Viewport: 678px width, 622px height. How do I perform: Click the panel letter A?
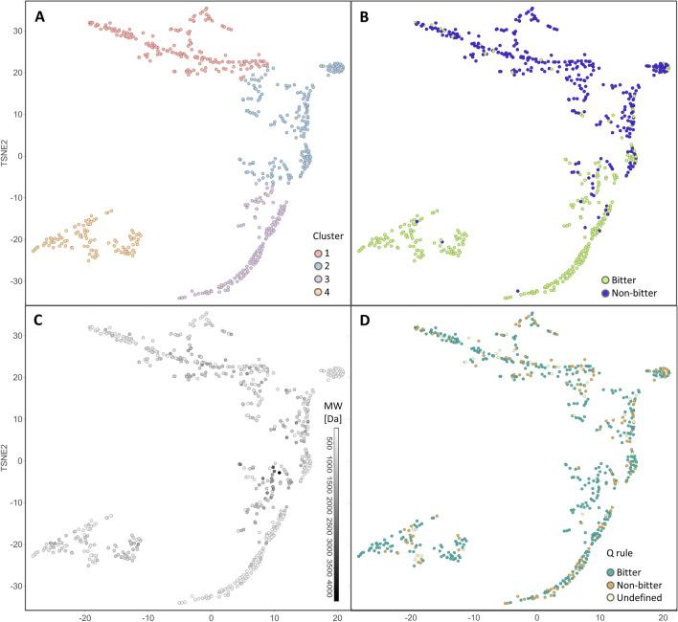pyautogui.click(x=40, y=18)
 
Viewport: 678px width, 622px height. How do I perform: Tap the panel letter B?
pyautogui.click(x=365, y=18)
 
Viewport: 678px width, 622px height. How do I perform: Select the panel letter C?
pyautogui.click(x=40, y=321)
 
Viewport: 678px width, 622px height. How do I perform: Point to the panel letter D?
pyautogui.click(x=366, y=321)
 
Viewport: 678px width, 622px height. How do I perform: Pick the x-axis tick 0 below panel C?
pyautogui.click(x=211, y=613)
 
